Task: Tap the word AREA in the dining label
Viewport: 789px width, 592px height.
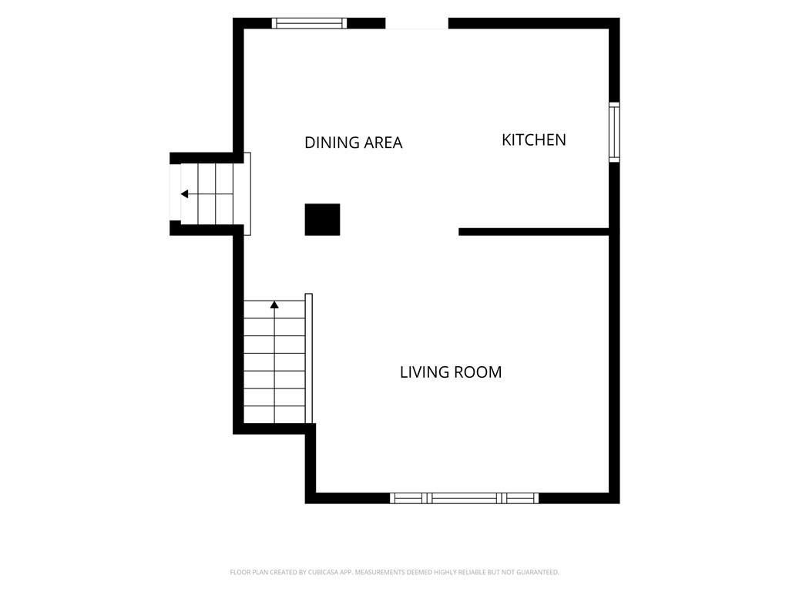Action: click(384, 143)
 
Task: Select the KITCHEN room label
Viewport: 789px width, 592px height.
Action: click(534, 140)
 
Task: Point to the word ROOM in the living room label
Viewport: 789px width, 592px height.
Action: click(477, 372)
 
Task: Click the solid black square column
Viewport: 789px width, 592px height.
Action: click(323, 220)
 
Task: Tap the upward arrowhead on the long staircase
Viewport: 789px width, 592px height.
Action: click(274, 304)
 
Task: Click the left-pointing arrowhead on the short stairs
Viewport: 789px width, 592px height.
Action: click(185, 193)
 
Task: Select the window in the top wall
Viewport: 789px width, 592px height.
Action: click(310, 23)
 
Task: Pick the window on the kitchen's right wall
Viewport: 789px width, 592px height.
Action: click(614, 132)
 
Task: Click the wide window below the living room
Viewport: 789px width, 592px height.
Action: click(465, 499)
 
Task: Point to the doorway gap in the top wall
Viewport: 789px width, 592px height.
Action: click(417, 24)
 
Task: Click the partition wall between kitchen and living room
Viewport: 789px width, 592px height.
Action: click(534, 232)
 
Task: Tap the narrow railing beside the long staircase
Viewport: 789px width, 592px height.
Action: click(309, 358)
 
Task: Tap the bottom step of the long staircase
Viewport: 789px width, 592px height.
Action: click(275, 414)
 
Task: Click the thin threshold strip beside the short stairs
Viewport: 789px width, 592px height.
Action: click(247, 193)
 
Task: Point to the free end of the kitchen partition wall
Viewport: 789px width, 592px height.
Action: click(459, 232)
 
